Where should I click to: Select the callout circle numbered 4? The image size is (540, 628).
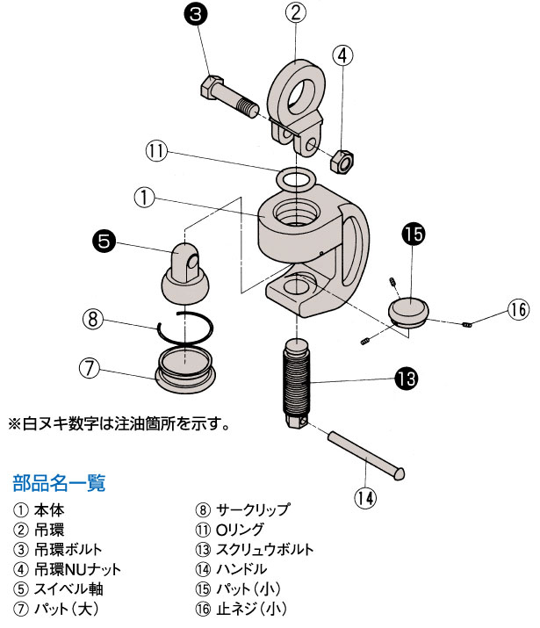click(x=343, y=54)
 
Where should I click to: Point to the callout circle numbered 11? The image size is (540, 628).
click(x=156, y=151)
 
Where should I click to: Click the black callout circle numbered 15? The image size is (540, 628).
click(x=413, y=235)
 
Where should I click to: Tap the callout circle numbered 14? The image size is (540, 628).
click(x=365, y=497)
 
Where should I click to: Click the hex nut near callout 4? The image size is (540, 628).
click(x=342, y=161)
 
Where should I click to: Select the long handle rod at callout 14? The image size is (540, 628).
click(x=367, y=452)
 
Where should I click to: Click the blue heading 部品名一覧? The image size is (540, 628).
click(x=59, y=482)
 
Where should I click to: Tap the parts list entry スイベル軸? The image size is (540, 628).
click(x=65, y=588)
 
